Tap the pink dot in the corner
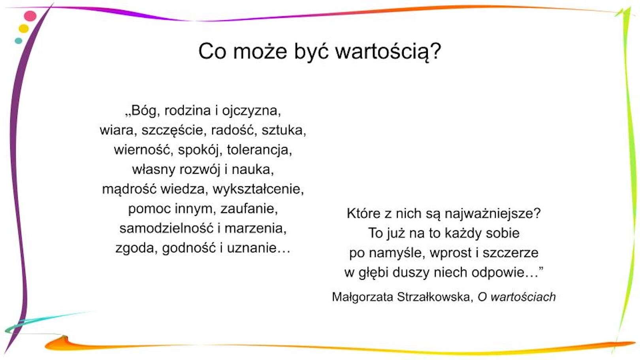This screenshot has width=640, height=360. (x=30, y=16)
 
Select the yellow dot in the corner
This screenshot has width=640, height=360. (x=24, y=28)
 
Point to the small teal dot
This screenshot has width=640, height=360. (x=18, y=41)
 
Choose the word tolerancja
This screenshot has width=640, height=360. (x=259, y=150)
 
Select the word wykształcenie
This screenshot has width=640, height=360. (x=258, y=189)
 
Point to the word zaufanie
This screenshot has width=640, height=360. (x=249, y=209)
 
